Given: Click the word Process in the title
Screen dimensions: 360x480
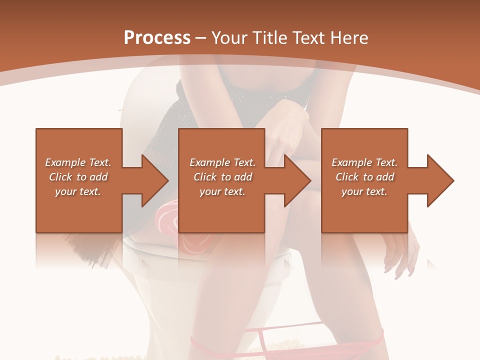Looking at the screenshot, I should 157,38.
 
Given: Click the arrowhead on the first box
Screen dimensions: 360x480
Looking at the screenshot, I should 155,180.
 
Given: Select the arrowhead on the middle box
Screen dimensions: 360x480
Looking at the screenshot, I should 298,180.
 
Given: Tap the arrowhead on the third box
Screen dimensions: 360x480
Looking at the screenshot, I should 440,180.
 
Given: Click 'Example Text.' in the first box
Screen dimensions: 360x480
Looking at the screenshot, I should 78,162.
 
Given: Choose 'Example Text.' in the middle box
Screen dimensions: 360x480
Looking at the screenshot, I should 222,162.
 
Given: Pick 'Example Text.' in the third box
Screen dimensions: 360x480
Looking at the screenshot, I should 364,162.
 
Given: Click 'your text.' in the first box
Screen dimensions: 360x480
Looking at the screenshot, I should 78,191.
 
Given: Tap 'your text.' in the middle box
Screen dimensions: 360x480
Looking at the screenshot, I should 222,191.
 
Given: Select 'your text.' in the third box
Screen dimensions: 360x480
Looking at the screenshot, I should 364,191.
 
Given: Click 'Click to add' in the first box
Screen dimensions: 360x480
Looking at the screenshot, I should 78,177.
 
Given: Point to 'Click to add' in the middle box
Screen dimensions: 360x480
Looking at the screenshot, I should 222,177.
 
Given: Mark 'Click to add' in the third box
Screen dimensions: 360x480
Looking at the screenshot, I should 364,177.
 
